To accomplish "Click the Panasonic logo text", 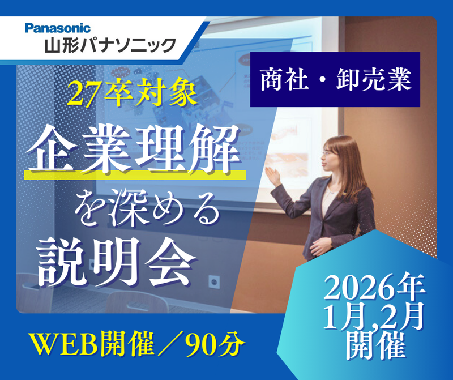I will coord(57,27).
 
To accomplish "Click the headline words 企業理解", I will coord(135,151).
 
